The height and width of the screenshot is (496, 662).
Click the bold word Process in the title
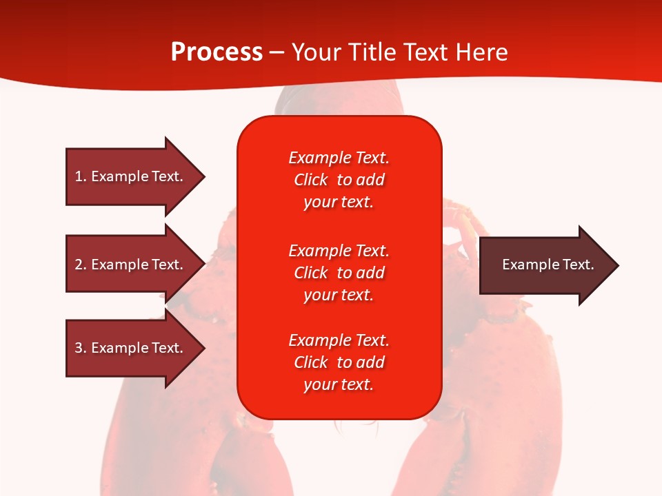(217, 52)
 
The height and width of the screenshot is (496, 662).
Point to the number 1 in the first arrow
(79, 176)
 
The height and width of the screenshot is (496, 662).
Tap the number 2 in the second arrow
(79, 265)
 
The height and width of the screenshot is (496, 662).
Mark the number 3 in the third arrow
(79, 348)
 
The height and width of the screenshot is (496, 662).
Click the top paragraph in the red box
(339, 180)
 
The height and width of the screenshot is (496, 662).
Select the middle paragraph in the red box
(339, 273)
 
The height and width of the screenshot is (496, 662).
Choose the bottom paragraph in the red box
(339, 362)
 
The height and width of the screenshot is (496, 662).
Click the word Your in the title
(314, 52)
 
